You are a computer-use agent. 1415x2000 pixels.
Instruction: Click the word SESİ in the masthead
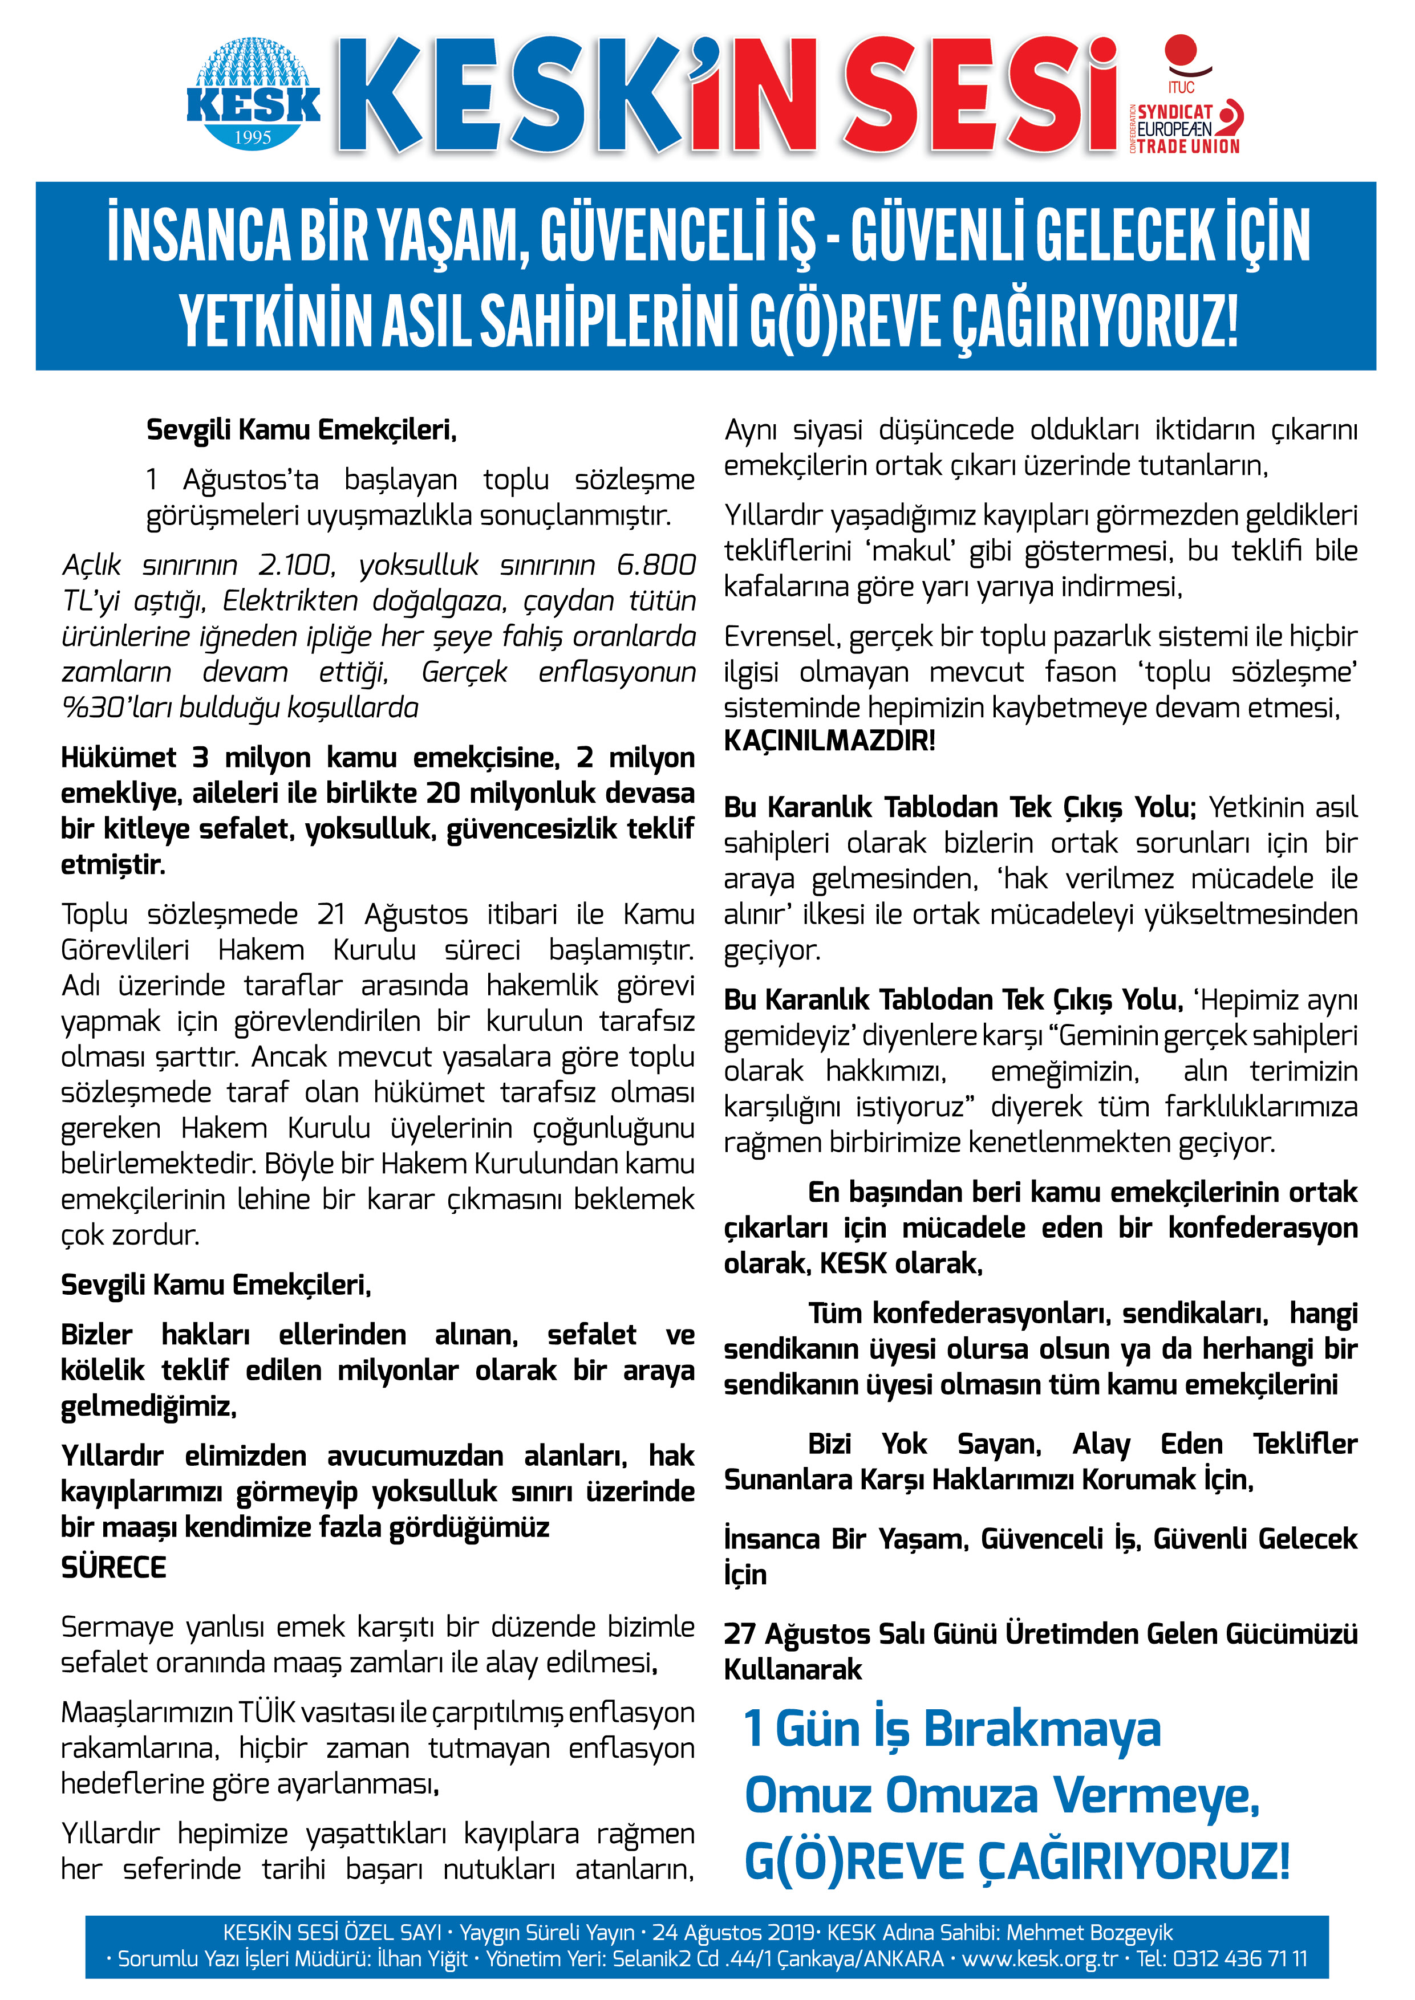tap(980, 97)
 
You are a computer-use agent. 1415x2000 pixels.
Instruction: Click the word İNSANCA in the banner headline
tap(198, 233)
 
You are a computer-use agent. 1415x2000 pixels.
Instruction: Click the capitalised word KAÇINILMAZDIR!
tap(829, 741)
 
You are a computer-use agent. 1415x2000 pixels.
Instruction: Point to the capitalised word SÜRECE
tap(113, 1567)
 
